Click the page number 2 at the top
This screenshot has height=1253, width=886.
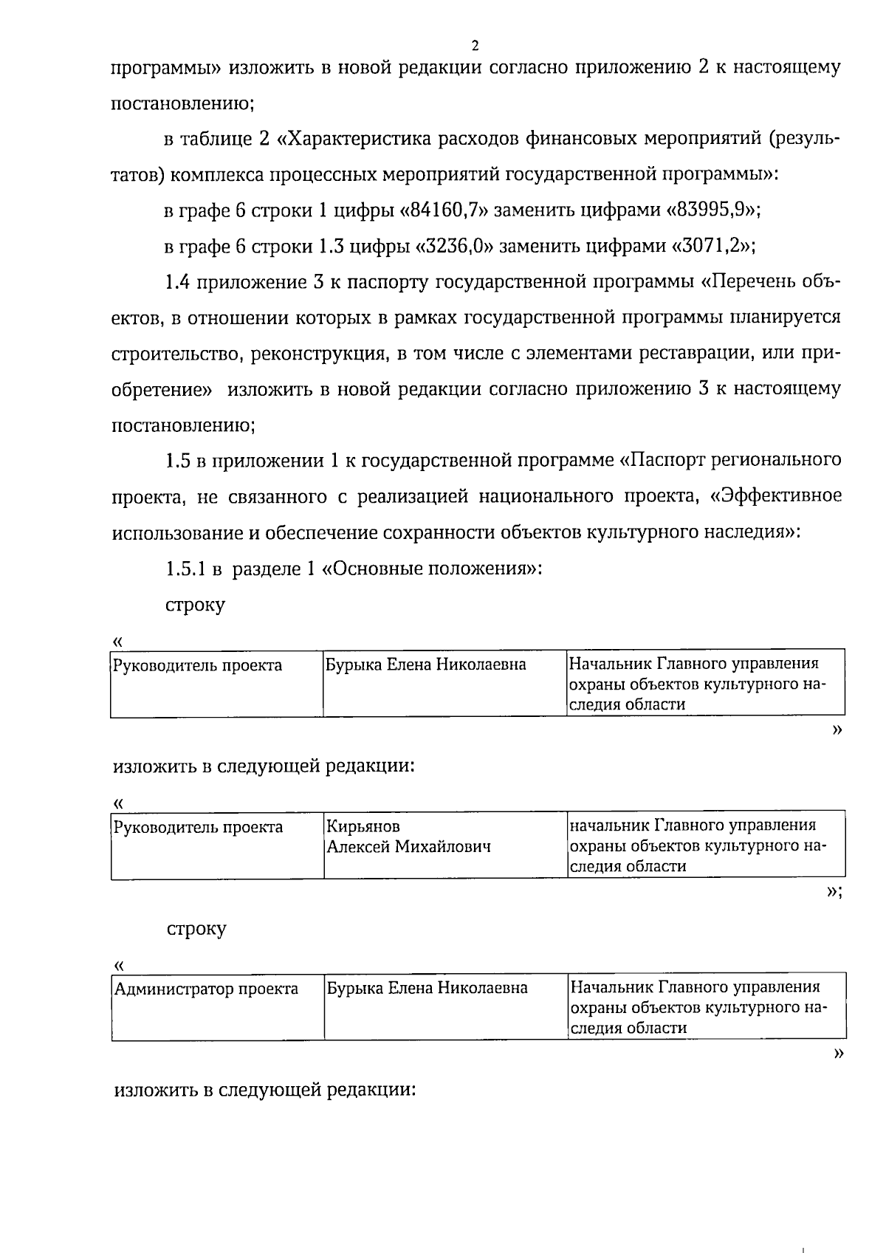tap(475, 46)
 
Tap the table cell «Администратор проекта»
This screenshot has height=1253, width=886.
tap(206, 989)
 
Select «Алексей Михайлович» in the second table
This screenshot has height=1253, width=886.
tap(409, 847)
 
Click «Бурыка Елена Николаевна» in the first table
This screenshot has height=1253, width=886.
tap(426, 665)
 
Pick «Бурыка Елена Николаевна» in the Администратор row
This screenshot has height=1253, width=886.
tap(427, 988)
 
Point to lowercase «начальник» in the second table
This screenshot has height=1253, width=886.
tap(609, 825)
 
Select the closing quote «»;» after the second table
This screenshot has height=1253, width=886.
tap(834, 893)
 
